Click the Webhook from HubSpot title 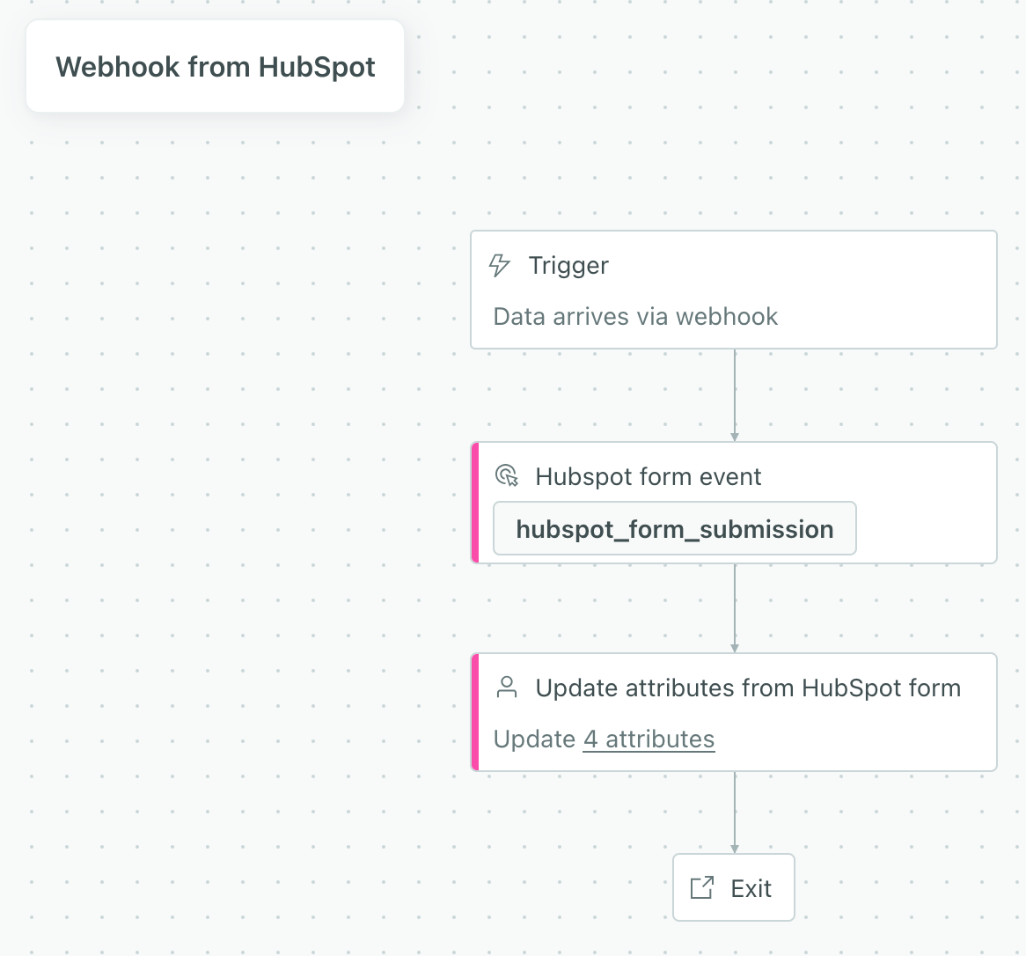[215, 67]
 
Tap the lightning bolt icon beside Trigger [500, 265]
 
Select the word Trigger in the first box [568, 266]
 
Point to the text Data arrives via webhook [635, 317]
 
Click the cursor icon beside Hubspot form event [507, 476]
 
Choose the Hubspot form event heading [649, 477]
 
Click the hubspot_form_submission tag [674, 529]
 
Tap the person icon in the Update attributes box [507, 688]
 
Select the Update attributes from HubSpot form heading [748, 688]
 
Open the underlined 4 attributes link [649, 739]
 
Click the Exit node [734, 887]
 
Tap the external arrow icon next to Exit [701, 887]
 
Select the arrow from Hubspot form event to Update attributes [735, 607]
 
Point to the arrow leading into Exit [735, 812]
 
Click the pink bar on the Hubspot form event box [475, 503]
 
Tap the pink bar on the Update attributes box [475, 712]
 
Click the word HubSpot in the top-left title [318, 67]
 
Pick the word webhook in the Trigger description [727, 317]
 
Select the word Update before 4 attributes [534, 739]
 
